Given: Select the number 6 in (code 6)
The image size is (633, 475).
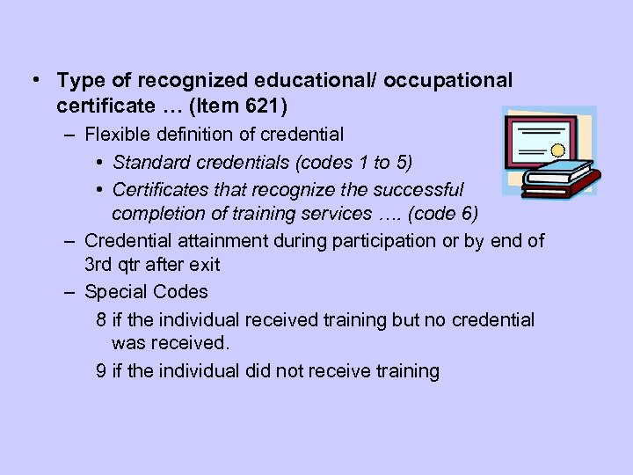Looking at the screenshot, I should pos(467,213).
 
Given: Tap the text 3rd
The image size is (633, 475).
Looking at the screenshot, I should pos(98,265).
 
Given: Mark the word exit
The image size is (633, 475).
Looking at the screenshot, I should pos(203,265).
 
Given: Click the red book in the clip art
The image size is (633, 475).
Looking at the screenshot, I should pos(563,183).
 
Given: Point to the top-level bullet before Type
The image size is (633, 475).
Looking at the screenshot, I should pos(33,79).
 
